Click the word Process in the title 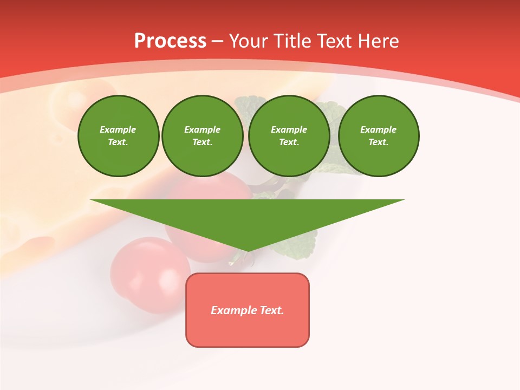170,41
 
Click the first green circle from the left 118,136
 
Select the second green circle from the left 202,136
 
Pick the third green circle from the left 289,136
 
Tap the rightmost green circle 378,136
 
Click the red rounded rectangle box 248,330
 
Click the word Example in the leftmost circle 118,129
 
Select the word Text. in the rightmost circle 378,142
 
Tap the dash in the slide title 218,41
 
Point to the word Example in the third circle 289,129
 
